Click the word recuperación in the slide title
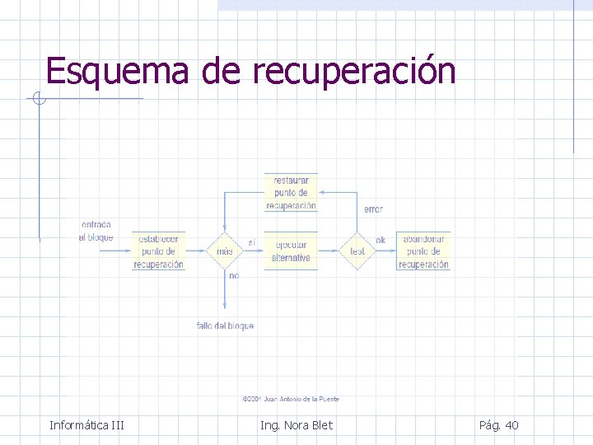tap(353, 73)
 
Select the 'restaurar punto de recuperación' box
tap(291, 193)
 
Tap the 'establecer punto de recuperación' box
tap(158, 251)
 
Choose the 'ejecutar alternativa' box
tap(291, 251)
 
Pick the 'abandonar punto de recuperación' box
tap(423, 251)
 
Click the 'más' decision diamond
tap(225, 251)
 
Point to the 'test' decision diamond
tap(357, 251)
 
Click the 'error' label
tap(373, 209)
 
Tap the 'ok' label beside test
tap(381, 241)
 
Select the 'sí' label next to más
tap(251, 242)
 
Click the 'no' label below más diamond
tap(234, 276)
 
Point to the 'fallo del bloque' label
tap(225, 326)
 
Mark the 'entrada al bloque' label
tap(96, 231)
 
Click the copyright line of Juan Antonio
tap(291, 399)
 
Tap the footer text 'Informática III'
tap(86, 425)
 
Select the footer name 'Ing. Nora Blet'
tap(296, 425)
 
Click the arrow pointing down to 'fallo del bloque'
tap(225, 297)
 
